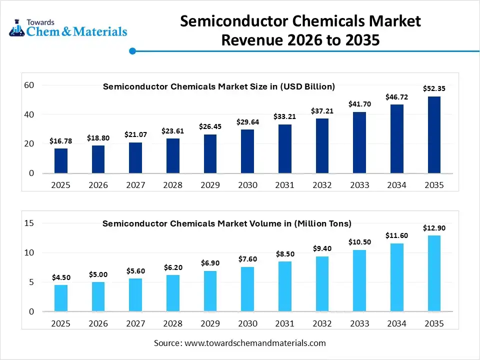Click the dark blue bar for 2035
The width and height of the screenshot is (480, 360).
(x=434, y=135)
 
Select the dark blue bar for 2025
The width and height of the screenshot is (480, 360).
(x=61, y=161)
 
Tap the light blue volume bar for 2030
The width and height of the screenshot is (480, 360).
(x=247, y=289)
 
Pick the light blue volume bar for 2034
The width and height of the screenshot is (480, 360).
(x=397, y=277)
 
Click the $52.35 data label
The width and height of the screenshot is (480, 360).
(x=434, y=88)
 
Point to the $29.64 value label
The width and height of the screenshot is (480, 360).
(x=247, y=121)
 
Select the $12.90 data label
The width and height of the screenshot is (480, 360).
(x=434, y=228)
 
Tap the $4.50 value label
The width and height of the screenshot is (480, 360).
(x=61, y=277)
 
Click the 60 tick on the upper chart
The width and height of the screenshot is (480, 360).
(x=29, y=85)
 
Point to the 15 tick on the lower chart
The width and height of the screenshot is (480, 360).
(x=29, y=223)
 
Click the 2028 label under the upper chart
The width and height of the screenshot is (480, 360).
(x=173, y=185)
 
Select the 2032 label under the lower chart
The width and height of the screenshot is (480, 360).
(x=322, y=323)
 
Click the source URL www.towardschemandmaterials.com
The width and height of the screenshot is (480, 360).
(x=255, y=343)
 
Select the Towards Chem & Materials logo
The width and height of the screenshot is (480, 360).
(x=68, y=28)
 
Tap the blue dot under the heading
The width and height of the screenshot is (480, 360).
(x=132, y=51)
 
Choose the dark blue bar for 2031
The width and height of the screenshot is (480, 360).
(x=285, y=149)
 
